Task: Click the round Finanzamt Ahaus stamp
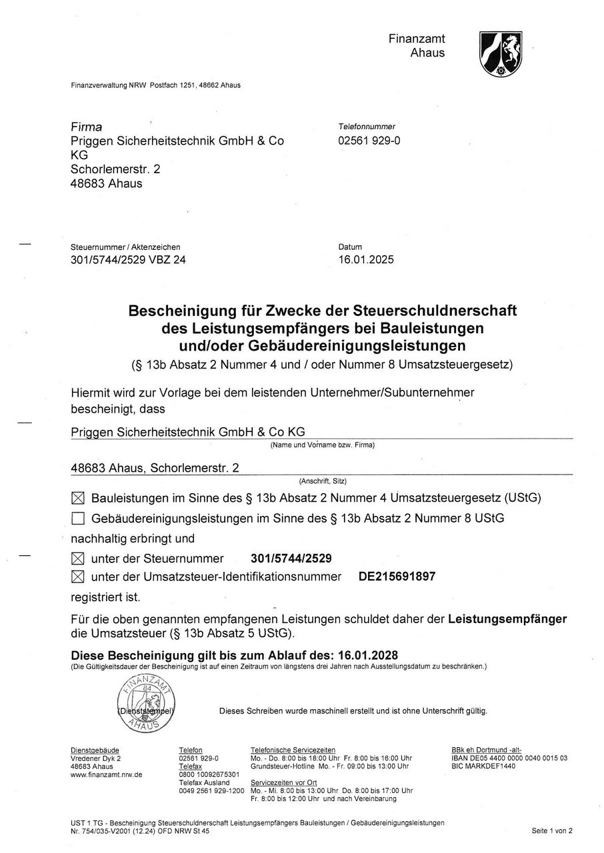coord(146,702)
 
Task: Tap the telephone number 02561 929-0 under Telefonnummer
coord(369,141)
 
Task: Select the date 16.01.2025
coord(366,260)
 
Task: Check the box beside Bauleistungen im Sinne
coord(78,498)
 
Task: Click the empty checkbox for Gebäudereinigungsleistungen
coord(78,518)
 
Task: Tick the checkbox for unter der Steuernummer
coord(78,558)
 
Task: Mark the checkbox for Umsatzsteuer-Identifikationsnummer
coord(78,576)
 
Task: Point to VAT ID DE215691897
coord(397,576)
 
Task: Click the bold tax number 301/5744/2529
coord(291,558)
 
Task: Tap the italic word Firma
coord(87,127)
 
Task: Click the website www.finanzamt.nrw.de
coord(106,774)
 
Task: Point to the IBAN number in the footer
coord(509,758)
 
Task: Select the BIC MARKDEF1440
coord(483,766)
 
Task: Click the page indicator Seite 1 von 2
coord(552,830)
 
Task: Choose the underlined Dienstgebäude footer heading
coord(94,750)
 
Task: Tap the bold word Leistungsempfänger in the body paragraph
coord(507,619)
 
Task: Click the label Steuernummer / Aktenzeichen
coord(125,247)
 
